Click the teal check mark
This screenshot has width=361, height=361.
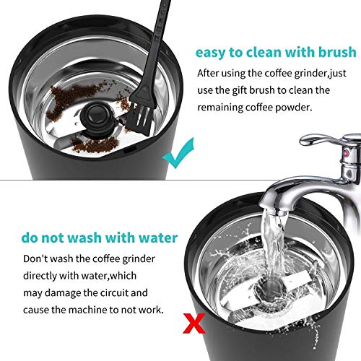pyautogui.click(x=176, y=155)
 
